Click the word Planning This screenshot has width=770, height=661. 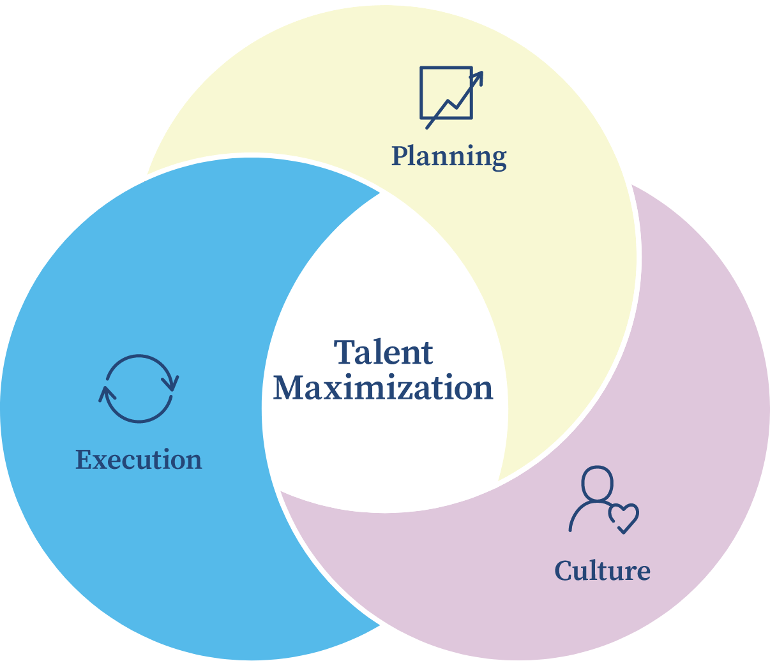click(x=449, y=158)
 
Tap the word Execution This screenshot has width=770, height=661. click(x=139, y=459)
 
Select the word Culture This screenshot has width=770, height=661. click(x=602, y=570)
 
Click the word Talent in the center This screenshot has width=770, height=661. click(x=383, y=352)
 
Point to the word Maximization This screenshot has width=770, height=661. click(x=383, y=388)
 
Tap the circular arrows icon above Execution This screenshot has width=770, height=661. click(x=139, y=389)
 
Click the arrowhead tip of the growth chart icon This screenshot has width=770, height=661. click(x=482, y=72)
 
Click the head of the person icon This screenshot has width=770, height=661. click(x=598, y=483)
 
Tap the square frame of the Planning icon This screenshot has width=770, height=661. click(x=421, y=93)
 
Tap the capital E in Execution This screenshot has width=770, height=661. click(x=84, y=459)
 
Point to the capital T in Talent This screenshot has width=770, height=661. click(x=345, y=352)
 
